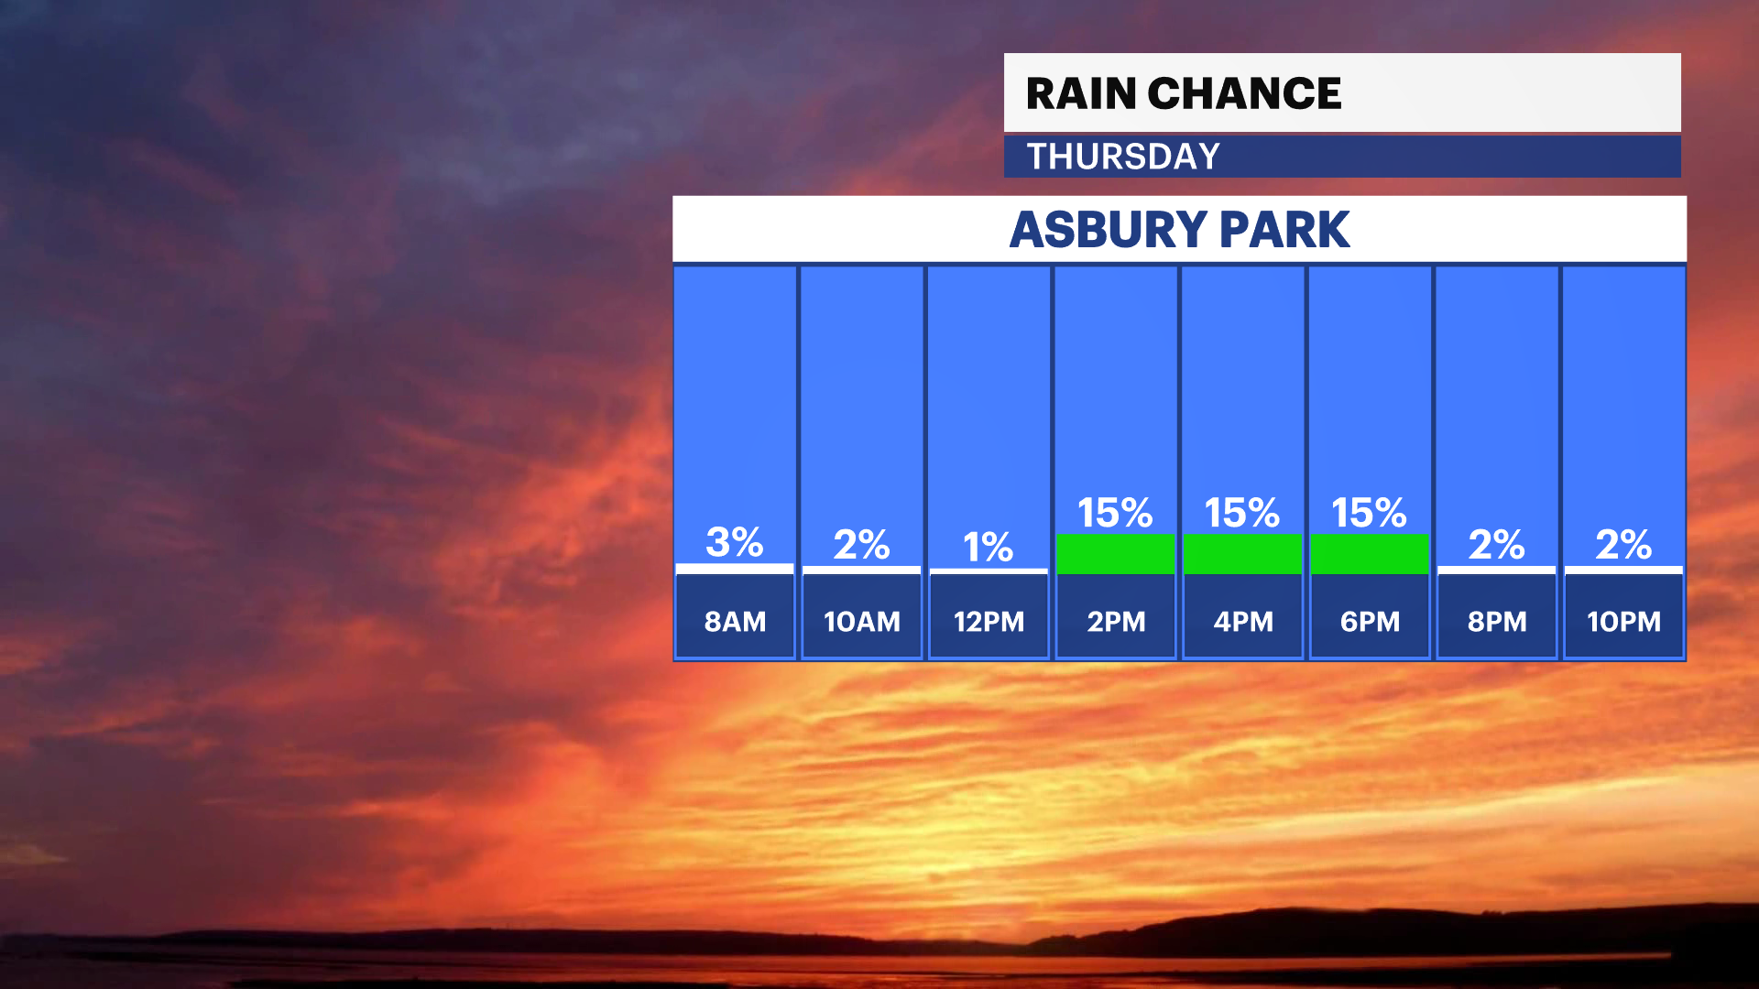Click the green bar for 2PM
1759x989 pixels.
[1115, 554]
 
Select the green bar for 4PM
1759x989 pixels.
[1242, 554]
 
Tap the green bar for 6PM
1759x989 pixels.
[1370, 554]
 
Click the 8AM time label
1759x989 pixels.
[735, 622]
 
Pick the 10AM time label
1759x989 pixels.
[862, 622]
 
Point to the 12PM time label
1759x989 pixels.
[989, 622]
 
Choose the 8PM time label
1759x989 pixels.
[1497, 622]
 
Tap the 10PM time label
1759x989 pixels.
[1623, 622]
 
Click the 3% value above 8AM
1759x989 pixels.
[735, 542]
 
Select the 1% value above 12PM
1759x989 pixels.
[989, 548]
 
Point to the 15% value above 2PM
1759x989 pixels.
[1115, 513]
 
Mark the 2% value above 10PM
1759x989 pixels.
[1623, 545]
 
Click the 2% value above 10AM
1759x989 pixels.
[862, 545]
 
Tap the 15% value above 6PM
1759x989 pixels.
[1370, 513]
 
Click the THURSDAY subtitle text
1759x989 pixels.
[1123, 157]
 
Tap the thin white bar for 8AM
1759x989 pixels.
[735, 569]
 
